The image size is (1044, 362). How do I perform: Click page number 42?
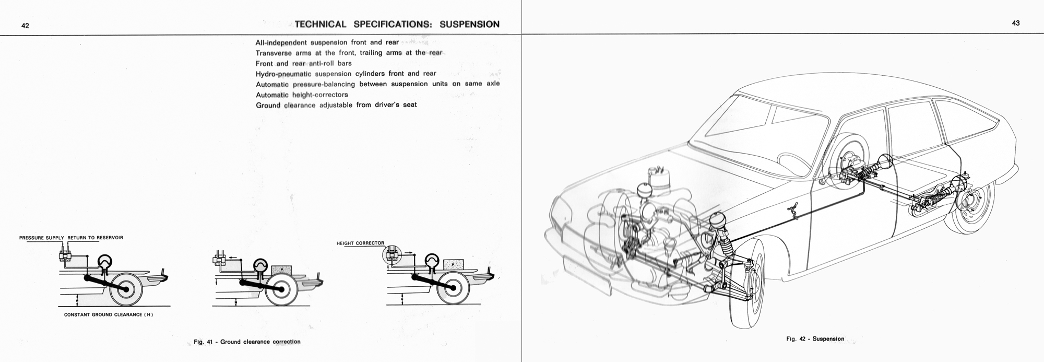click(x=25, y=25)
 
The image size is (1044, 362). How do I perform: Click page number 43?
click(x=1015, y=23)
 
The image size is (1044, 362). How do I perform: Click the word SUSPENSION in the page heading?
click(x=469, y=24)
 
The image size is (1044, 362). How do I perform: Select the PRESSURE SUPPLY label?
click(x=41, y=238)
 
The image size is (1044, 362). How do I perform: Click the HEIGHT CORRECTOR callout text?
click(x=360, y=243)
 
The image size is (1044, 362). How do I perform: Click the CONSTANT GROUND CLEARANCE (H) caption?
click(x=109, y=315)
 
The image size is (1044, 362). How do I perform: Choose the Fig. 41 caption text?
click(x=247, y=342)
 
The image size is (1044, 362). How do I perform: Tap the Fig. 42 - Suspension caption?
click(x=815, y=339)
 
